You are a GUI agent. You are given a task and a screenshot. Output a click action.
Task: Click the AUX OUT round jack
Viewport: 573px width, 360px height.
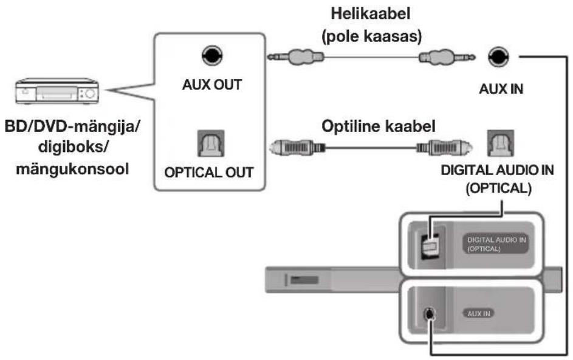[x=210, y=57]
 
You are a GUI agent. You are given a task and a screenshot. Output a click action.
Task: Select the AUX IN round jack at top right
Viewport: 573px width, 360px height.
[x=498, y=57]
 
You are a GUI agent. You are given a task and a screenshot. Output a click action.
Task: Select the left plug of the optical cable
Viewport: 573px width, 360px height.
[x=298, y=147]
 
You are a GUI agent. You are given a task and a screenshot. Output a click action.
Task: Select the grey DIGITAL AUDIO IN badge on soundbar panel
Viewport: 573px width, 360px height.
[x=498, y=244]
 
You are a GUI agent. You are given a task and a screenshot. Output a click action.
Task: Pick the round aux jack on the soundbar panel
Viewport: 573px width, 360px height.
[x=430, y=314]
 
